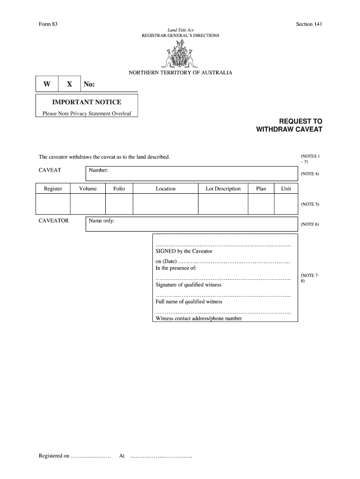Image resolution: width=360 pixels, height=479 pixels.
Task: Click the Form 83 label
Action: coord(48,24)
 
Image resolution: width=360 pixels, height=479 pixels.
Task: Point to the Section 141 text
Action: coord(309,24)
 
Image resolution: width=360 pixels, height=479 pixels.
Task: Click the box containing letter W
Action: coord(47,84)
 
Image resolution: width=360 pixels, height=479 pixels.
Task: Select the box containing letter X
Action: coord(70,84)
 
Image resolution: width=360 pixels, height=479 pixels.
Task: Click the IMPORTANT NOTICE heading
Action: coord(86,102)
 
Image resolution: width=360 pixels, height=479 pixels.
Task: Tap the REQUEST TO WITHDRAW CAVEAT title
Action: coord(289,125)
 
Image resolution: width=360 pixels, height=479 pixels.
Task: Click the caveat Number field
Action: coord(192,173)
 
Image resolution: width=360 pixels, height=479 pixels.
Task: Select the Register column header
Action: coord(53,189)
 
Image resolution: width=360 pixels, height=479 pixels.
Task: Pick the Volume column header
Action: coord(88,189)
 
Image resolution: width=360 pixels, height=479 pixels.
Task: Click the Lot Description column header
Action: coord(223,189)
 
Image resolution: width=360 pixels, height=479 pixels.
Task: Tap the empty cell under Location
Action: coord(166,204)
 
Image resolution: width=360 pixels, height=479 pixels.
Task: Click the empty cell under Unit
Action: coord(286,204)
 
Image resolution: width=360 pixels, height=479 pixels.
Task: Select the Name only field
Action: coord(192,224)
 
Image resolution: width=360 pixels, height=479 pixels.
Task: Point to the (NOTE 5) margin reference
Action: coord(310,204)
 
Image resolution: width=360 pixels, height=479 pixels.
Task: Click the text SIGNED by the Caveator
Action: coord(184,251)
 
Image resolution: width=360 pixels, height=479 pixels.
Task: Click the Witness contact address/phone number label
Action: coord(199,319)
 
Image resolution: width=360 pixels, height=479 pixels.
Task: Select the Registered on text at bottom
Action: coord(54,456)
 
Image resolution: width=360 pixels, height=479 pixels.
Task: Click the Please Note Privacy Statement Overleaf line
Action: coord(87,113)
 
